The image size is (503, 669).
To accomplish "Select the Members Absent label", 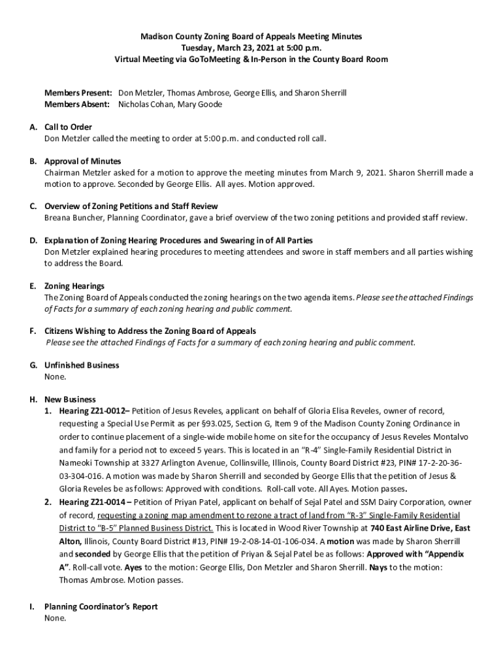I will click(78, 104).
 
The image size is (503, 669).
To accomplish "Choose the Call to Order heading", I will click(68, 127).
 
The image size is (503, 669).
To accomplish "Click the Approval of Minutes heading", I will click(82, 161).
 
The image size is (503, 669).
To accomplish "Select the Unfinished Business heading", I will click(82, 365).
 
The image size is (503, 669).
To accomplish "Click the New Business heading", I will click(70, 399).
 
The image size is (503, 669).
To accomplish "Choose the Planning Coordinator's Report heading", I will click(101, 606).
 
